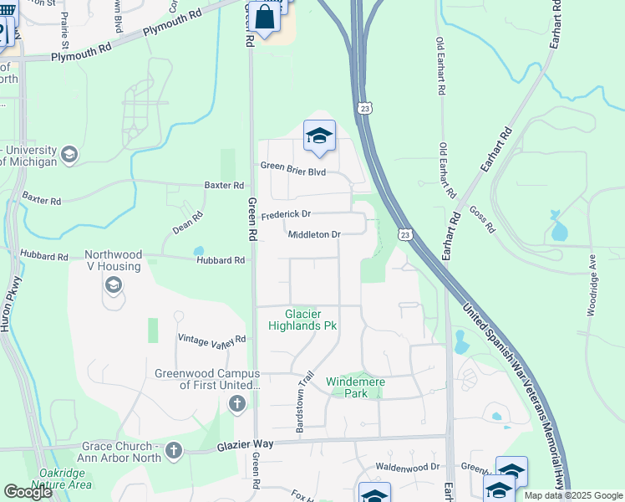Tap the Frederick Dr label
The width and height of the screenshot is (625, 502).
pyautogui.click(x=286, y=215)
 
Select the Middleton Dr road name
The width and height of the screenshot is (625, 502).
pyautogui.click(x=314, y=235)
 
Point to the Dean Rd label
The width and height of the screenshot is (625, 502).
pyautogui.click(x=188, y=222)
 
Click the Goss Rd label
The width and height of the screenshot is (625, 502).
pyautogui.click(x=482, y=219)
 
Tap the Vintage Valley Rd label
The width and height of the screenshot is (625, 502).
pyautogui.click(x=212, y=339)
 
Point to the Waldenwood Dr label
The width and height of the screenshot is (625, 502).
pyautogui.click(x=407, y=467)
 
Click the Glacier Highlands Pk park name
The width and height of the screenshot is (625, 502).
pyautogui.click(x=302, y=320)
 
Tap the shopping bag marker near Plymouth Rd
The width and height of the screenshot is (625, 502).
pyautogui.click(x=264, y=16)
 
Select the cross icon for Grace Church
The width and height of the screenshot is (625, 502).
pyautogui.click(x=174, y=451)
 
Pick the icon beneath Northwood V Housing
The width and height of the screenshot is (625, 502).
pyautogui.click(x=112, y=286)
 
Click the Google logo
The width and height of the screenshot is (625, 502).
pyautogui.click(x=28, y=492)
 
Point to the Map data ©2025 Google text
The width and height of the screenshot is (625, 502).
pyautogui.click(x=572, y=495)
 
